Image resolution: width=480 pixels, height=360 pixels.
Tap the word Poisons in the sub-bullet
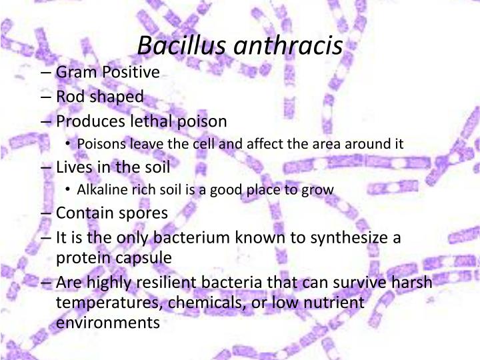pos(100,144)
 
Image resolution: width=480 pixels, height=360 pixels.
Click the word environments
pos(108,323)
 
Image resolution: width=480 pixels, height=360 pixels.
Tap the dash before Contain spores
pos(47,213)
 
